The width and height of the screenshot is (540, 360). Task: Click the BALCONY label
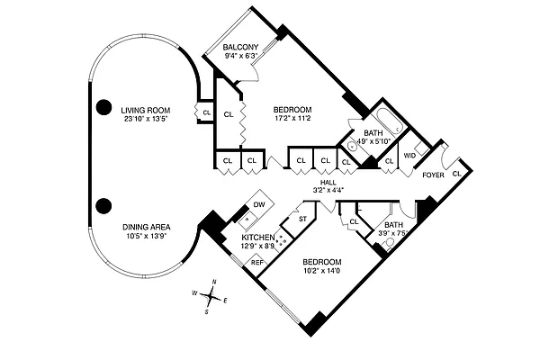click(x=241, y=47)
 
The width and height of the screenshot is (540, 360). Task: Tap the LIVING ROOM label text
click(x=145, y=110)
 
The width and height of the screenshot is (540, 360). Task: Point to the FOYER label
click(x=434, y=175)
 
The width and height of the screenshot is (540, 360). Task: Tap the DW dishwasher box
click(x=259, y=205)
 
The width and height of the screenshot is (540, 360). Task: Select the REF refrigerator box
click(x=256, y=262)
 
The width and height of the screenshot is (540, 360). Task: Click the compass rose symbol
click(x=211, y=296)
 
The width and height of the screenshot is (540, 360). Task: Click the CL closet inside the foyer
click(x=456, y=172)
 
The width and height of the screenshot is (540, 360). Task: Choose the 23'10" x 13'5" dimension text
click(x=145, y=119)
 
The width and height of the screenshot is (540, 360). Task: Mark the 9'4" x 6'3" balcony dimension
click(x=241, y=56)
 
